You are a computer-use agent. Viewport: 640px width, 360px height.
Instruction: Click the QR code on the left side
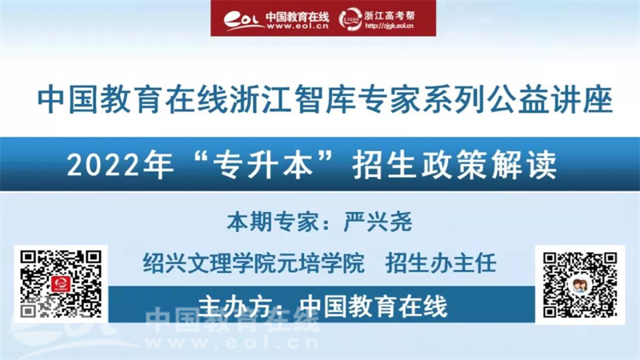point(61,284)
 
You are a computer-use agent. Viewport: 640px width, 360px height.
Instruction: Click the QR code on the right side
point(579,285)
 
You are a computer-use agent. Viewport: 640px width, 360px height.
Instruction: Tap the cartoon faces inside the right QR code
point(579,286)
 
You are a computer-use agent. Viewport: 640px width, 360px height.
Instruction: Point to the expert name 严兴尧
point(378,222)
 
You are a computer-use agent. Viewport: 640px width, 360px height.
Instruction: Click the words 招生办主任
point(441,263)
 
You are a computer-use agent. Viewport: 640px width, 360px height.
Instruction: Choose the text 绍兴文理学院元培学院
point(254,263)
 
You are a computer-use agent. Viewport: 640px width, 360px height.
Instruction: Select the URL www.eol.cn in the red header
point(298,26)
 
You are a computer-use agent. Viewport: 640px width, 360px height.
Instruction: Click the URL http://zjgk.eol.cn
point(389,26)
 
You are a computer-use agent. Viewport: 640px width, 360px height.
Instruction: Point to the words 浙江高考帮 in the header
point(390,15)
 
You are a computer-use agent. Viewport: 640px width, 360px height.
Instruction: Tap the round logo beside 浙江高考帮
point(350,19)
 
